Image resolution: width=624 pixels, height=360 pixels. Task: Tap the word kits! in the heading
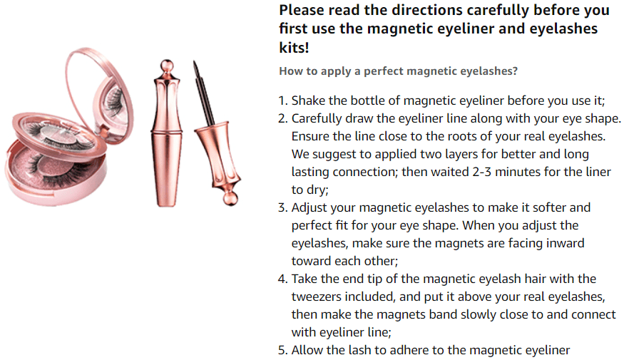[x=296, y=48]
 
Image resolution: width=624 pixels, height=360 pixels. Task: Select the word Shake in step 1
[x=308, y=101]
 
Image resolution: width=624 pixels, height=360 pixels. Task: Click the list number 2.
[x=282, y=118]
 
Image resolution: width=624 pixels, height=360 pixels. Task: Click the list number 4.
[x=282, y=279]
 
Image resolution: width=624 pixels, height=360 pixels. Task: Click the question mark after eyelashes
[x=515, y=71]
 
